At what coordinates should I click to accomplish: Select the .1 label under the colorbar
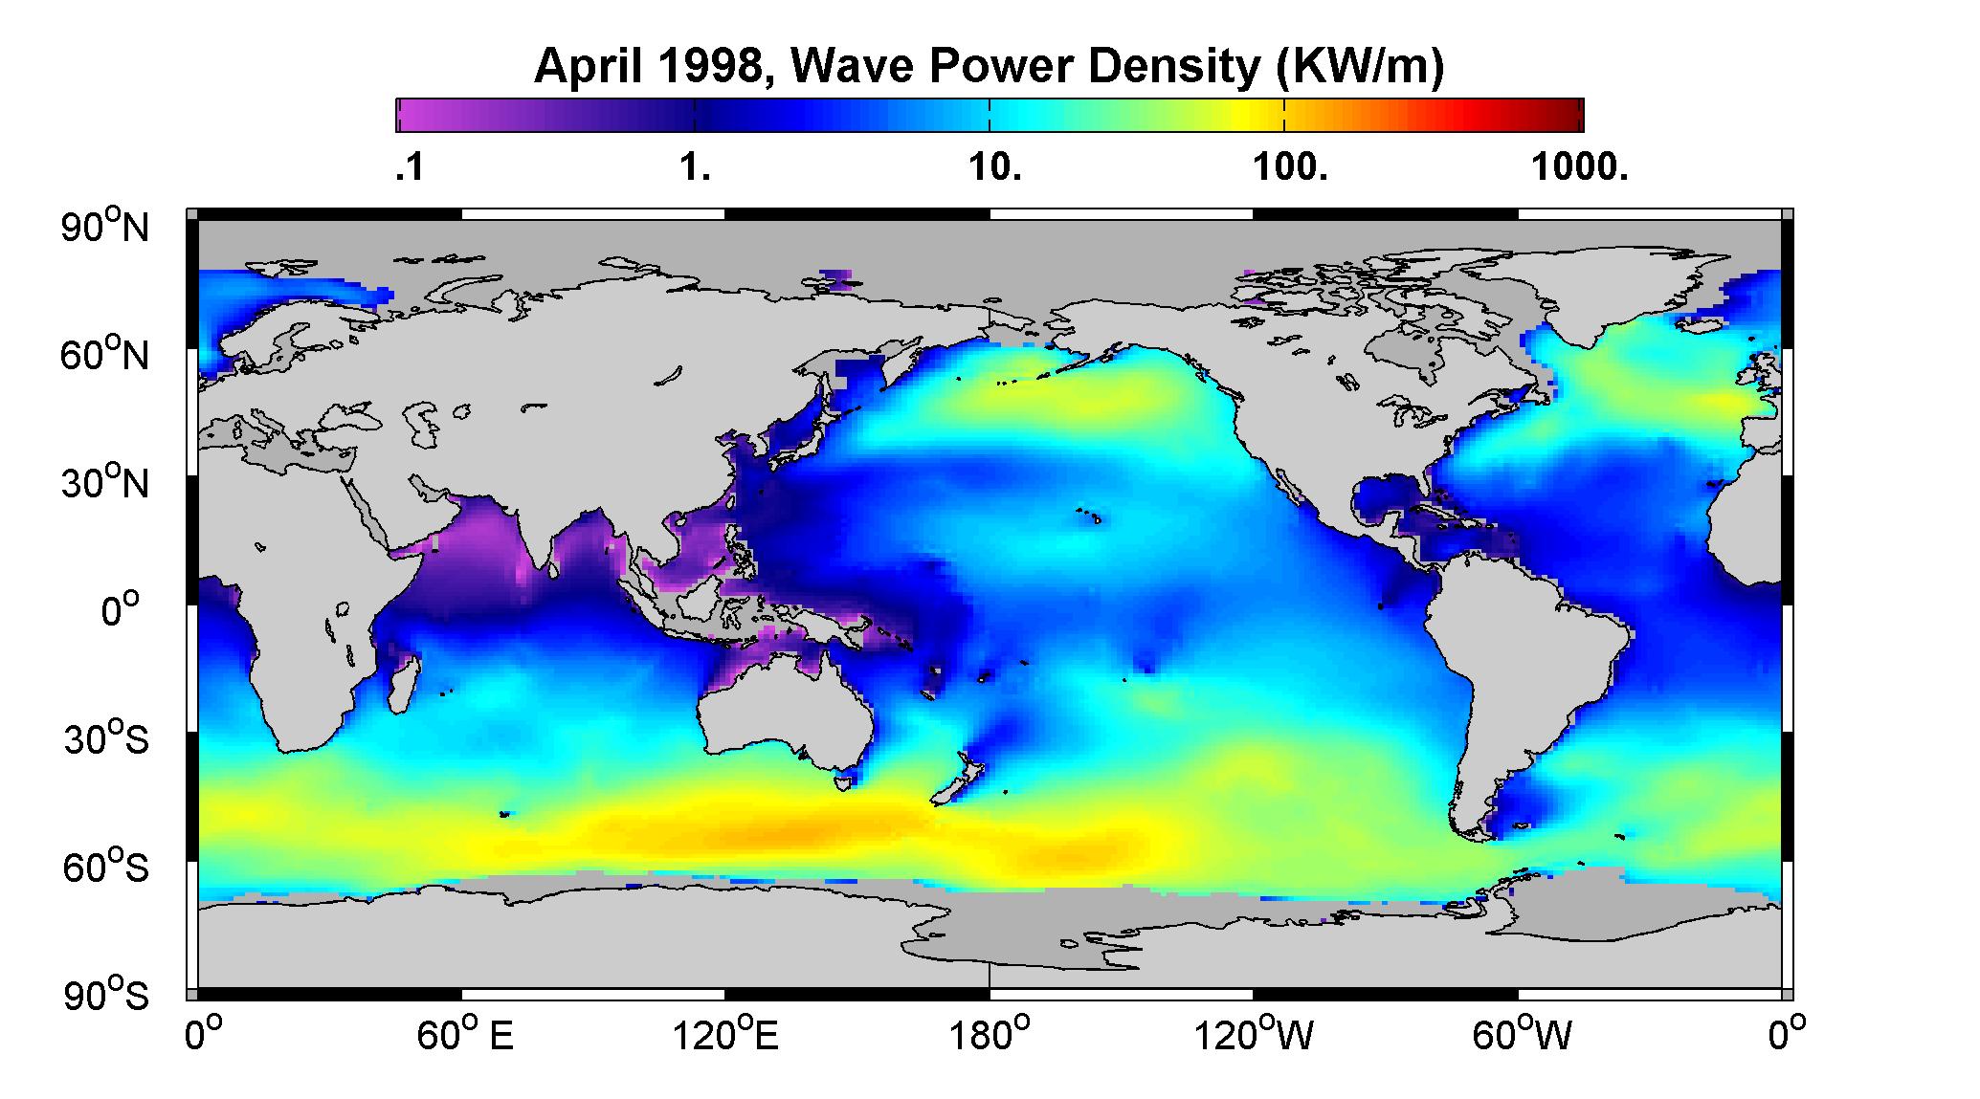(409, 168)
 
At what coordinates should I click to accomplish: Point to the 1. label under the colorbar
(695, 168)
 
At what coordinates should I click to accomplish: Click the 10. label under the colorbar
(995, 168)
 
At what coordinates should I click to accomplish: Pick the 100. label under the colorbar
(1289, 168)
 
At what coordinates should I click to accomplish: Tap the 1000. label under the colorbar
(1579, 168)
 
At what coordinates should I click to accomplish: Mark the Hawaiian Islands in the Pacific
(1089, 517)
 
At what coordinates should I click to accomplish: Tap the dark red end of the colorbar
(1569, 115)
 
